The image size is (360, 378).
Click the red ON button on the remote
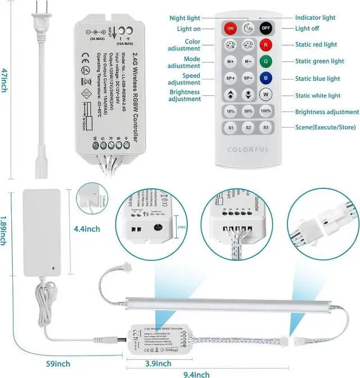click(x=230, y=28)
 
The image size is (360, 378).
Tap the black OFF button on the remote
click(x=265, y=28)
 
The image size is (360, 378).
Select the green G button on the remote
click(x=265, y=61)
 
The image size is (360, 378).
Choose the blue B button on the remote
click(x=265, y=78)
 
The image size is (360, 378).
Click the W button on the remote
click(x=265, y=96)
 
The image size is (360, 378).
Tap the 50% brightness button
click(x=248, y=112)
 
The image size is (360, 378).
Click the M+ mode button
click(x=230, y=61)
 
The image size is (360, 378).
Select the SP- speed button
click(x=248, y=78)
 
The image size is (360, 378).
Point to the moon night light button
click(x=248, y=28)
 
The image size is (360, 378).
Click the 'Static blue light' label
click(x=319, y=79)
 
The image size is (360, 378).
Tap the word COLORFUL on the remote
click(x=248, y=149)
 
